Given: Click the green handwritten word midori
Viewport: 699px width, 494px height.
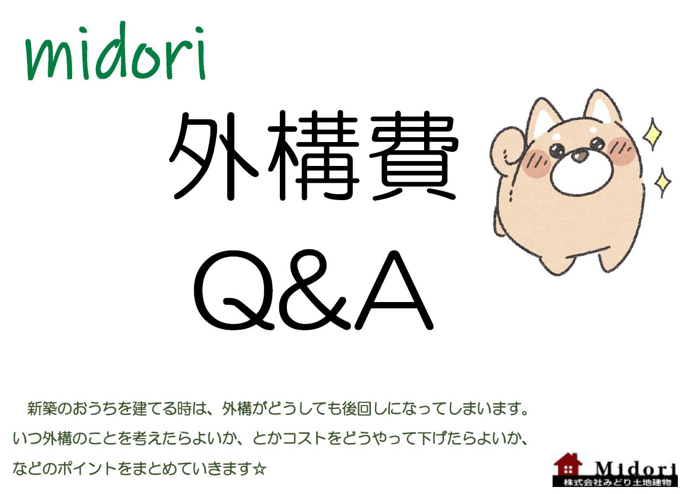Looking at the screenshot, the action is (116, 52).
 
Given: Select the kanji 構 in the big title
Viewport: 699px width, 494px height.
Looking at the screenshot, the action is (313, 155).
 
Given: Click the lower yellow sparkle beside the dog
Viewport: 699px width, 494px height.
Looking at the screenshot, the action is (662, 183).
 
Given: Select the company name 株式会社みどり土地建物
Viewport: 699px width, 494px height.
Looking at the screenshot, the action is (617, 483).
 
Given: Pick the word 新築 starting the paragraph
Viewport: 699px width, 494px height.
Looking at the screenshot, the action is (42, 408).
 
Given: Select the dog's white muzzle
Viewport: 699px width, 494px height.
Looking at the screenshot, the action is (582, 172).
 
